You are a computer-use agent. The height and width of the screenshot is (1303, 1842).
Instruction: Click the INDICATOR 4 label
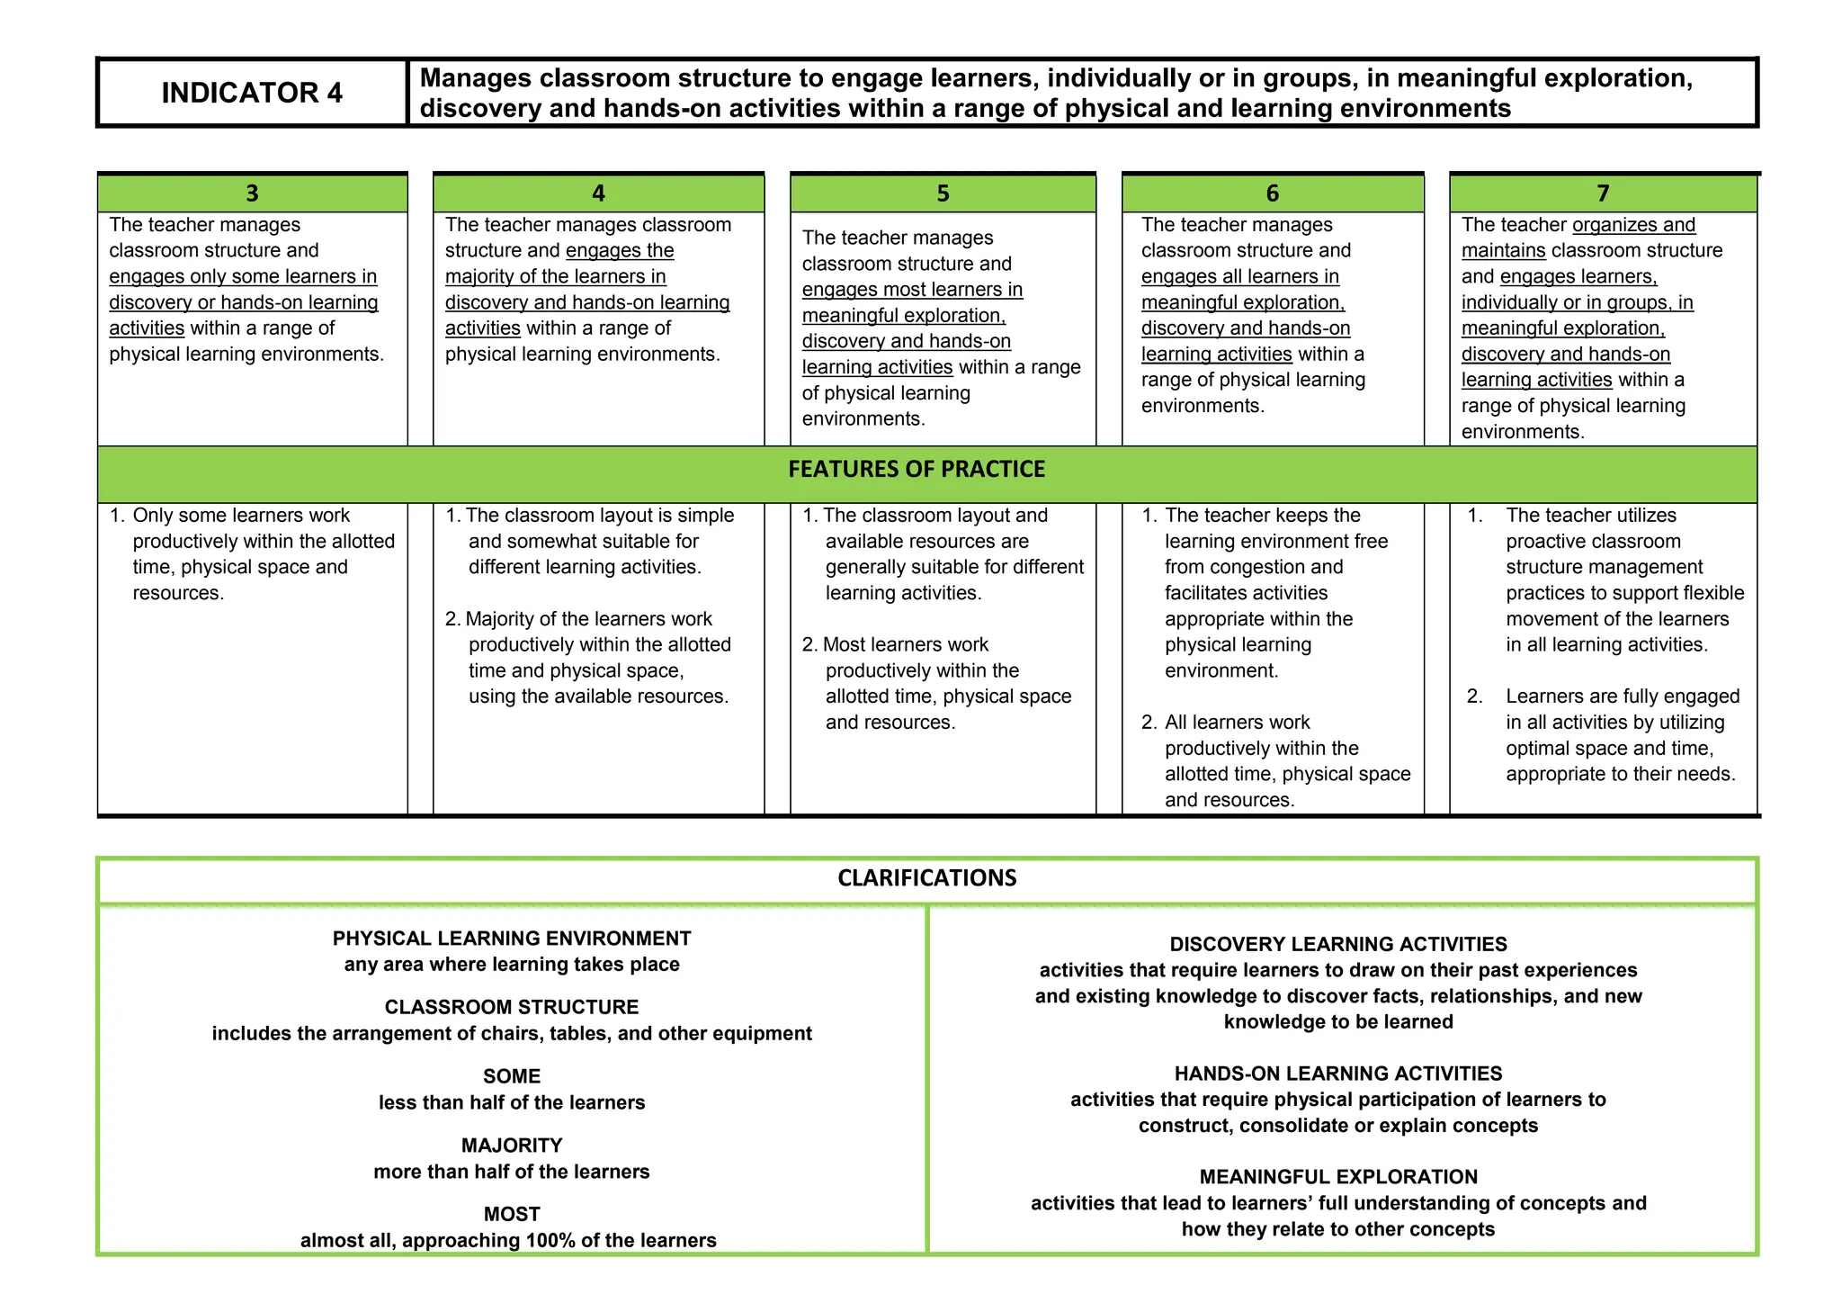tap(252, 93)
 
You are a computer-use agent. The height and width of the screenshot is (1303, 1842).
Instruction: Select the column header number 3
tap(252, 193)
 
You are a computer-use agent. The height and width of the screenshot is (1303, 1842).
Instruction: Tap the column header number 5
tap(943, 193)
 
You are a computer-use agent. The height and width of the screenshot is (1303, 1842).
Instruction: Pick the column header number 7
tap(1603, 193)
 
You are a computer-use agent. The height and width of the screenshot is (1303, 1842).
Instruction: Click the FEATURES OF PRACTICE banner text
tap(917, 469)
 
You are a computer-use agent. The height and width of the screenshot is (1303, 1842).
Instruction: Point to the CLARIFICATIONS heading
tap(926, 878)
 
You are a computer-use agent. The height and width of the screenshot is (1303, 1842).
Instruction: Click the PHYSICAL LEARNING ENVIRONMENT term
tap(512, 939)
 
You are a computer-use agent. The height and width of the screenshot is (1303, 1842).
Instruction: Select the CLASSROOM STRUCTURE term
tap(512, 1007)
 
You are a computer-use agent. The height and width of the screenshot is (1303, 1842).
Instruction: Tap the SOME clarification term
tap(512, 1076)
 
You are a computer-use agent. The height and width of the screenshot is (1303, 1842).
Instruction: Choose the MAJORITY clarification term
tap(512, 1146)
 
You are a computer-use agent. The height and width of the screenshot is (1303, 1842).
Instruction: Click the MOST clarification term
tap(512, 1214)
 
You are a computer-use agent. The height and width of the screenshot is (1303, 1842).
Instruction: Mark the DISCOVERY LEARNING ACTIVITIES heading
tap(1338, 944)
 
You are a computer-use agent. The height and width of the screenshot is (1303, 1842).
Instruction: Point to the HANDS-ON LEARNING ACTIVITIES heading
tap(1338, 1074)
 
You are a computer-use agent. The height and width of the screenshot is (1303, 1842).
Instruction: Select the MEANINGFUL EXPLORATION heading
tap(1338, 1177)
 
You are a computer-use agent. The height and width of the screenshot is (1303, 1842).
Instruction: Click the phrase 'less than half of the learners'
tap(512, 1102)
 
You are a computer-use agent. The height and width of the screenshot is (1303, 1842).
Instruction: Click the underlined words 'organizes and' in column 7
tap(1633, 225)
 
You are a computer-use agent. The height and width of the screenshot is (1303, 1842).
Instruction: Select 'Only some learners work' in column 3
tap(241, 516)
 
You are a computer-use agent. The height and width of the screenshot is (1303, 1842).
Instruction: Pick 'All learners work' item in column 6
tap(1237, 723)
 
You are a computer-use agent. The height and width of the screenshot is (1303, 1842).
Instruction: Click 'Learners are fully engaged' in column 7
tap(1623, 696)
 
